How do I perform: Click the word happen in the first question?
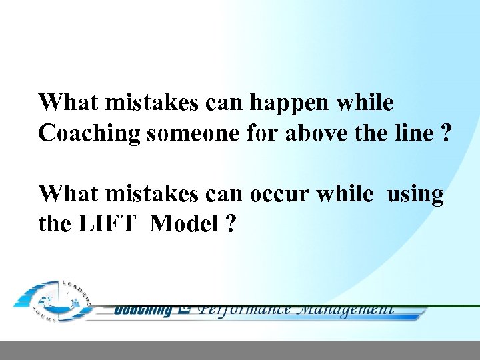pyautogui.click(x=295, y=103)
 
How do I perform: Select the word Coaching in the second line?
pyautogui.click(x=89, y=133)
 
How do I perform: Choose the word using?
pyautogui.click(x=415, y=194)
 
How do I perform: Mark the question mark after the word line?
pyautogui.click(x=444, y=133)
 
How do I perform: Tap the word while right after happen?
pyautogui.click(x=365, y=103)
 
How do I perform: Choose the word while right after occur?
pyautogui.click(x=345, y=194)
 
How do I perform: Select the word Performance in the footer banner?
pyautogui.click(x=245, y=309)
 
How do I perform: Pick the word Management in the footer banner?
pyautogui.click(x=344, y=309)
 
